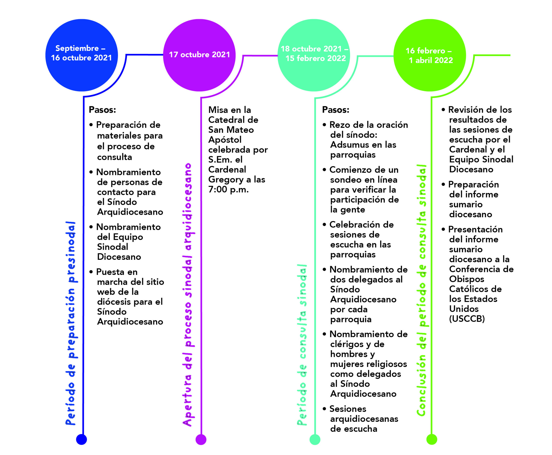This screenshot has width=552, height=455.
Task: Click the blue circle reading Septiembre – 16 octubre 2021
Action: (82, 55)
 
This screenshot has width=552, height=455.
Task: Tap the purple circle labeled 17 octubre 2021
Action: (199, 55)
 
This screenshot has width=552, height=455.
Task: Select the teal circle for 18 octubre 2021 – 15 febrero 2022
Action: (314, 55)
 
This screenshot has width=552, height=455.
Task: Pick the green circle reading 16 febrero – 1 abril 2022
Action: (430, 55)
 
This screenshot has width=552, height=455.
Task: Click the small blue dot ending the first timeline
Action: (82, 439)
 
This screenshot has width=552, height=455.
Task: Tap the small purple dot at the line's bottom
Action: (201, 439)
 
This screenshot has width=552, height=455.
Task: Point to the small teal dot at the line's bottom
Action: (315, 439)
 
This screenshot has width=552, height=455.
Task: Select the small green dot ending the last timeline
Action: (432, 439)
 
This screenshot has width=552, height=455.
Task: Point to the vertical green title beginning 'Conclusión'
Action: (422, 290)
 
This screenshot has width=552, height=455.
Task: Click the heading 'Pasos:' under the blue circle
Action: (102, 110)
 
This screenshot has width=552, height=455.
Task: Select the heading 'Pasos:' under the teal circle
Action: (336, 110)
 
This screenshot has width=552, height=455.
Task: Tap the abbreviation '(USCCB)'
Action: (467, 319)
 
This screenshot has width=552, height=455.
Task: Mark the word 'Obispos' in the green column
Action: (467, 279)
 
